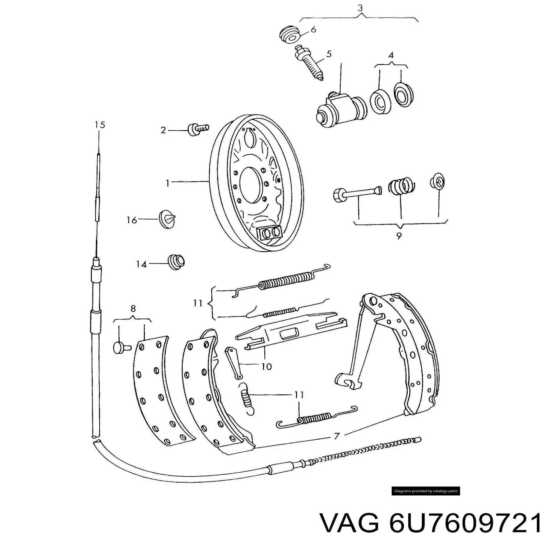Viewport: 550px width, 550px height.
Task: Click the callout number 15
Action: coord(100,124)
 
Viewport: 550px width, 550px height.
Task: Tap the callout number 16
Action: coord(132,220)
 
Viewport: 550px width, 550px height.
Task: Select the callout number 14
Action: coord(141,264)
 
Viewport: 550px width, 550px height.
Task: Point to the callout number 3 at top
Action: coord(360,8)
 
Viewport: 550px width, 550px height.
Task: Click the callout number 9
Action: coord(399,236)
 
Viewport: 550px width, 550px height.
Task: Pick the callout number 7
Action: coord(337,436)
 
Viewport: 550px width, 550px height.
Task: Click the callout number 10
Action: coord(266,367)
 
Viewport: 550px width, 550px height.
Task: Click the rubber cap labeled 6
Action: coord(290,34)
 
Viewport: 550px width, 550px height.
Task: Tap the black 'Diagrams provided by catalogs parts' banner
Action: coord(426,491)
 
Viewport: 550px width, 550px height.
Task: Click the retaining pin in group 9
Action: coord(357,193)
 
